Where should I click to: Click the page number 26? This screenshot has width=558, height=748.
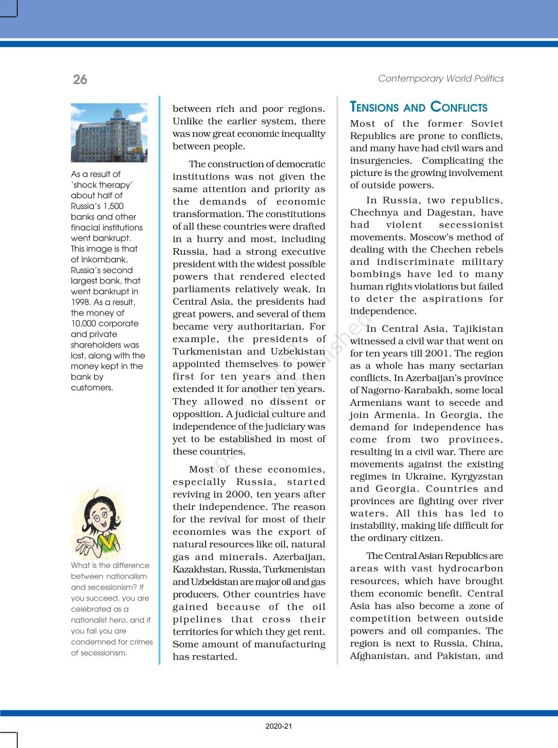pos(80,79)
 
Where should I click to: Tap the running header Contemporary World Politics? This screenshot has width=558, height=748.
pos(441,78)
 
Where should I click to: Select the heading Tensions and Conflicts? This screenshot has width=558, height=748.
pos(418,107)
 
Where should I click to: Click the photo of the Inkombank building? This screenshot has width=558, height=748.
pos(109,133)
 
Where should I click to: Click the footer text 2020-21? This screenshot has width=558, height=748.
pos(279,726)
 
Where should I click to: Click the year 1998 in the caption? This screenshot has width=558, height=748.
pos(79,302)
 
